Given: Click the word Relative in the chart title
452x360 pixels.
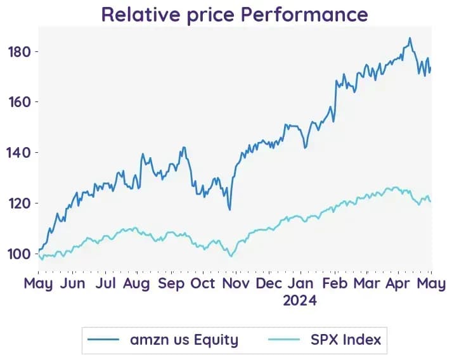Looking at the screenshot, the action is click(x=140, y=14).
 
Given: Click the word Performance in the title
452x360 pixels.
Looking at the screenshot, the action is click(x=304, y=14).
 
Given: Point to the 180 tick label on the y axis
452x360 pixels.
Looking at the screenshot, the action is click(x=20, y=52).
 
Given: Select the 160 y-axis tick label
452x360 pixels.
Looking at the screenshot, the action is click(x=20, y=102).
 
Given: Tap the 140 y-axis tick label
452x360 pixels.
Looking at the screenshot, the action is click(x=20, y=153).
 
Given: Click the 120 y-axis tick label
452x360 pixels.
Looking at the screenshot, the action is click(x=20, y=203).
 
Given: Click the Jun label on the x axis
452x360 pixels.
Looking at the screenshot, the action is click(x=72, y=283).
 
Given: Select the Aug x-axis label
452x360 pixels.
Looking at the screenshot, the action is click(x=136, y=284).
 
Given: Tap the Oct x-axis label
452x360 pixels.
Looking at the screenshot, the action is click(x=203, y=283).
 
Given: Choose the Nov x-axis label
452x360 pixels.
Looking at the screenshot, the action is click(x=236, y=283).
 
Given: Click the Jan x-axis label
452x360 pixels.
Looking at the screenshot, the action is click(x=300, y=283).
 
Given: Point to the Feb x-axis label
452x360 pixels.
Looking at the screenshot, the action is click(x=335, y=283).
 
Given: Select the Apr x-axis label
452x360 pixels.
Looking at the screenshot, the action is click(x=397, y=284).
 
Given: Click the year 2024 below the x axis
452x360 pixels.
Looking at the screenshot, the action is click(x=300, y=300).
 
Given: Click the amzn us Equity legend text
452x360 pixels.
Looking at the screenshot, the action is click(x=184, y=340).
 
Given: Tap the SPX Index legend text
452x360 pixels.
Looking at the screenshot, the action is click(x=346, y=340).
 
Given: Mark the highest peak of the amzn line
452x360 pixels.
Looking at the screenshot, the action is click(x=410, y=38).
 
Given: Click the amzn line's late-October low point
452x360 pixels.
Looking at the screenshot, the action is click(x=229, y=210).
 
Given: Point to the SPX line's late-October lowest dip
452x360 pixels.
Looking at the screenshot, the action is click(x=231, y=256).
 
